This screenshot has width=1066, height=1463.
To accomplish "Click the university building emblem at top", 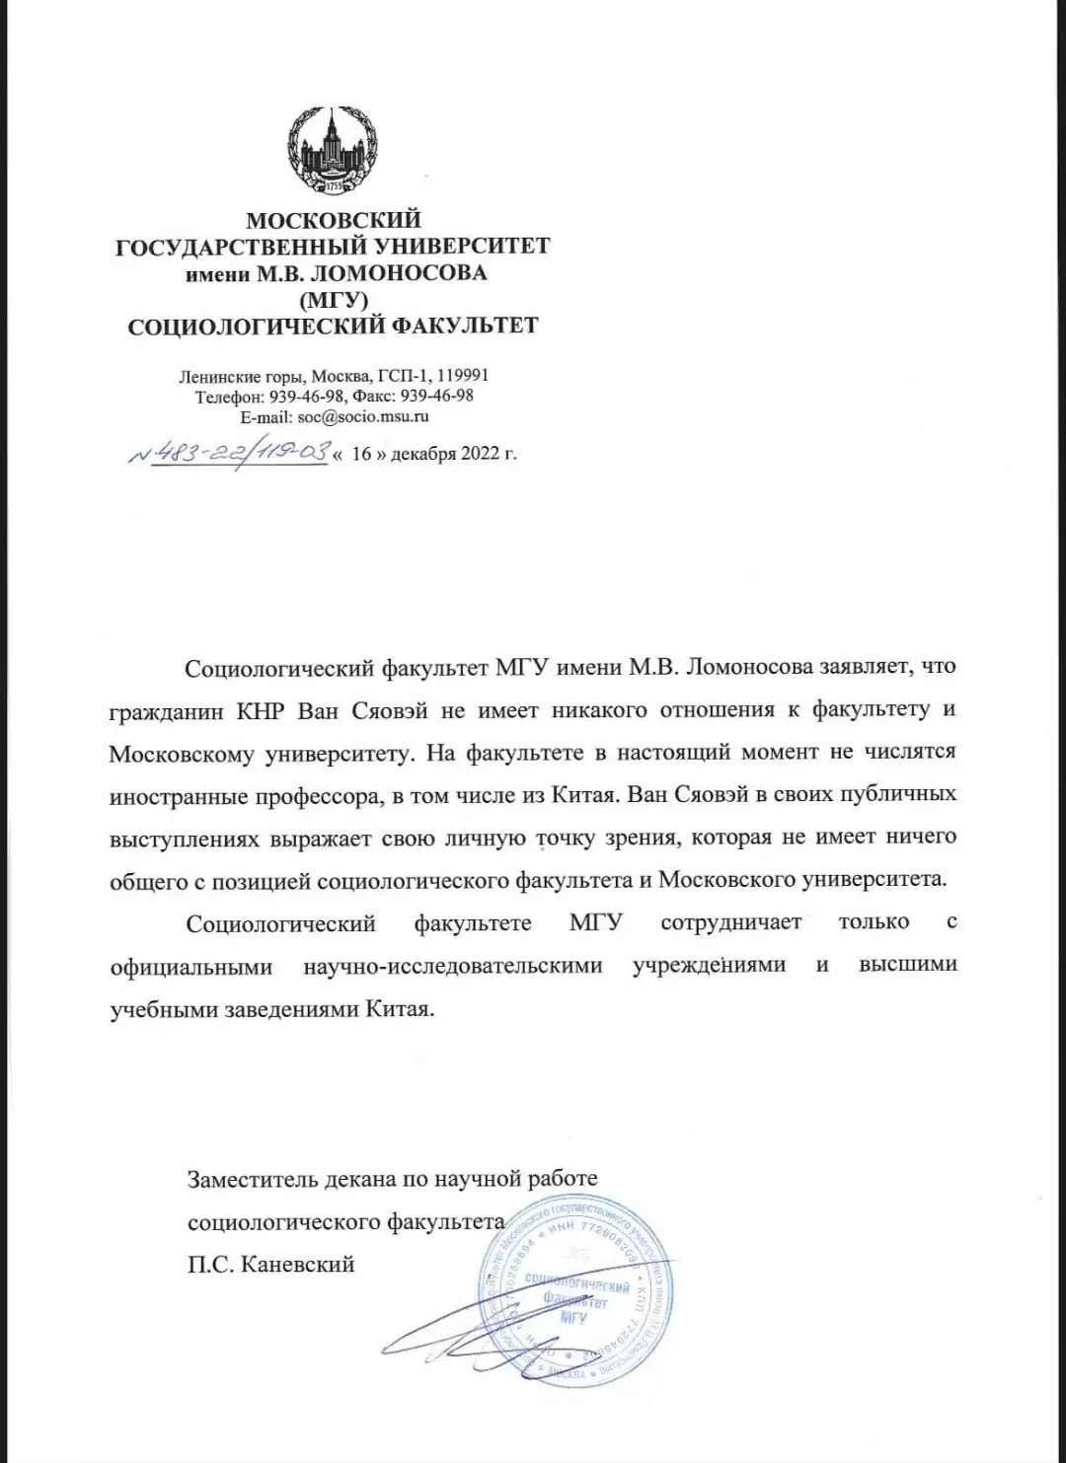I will tap(333, 152).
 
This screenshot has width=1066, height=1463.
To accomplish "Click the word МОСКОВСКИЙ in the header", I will tap(333, 220).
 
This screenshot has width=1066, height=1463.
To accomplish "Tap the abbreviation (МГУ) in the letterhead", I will tap(333, 298).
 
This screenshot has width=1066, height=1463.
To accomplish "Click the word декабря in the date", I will tap(425, 455).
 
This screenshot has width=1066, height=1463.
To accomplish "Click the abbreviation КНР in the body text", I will tap(261, 709).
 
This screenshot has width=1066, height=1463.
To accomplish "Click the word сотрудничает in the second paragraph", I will tap(730, 923).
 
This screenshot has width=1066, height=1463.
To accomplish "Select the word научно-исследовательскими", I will tap(452, 966).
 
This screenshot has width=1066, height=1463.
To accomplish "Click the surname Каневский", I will tap(296, 1264).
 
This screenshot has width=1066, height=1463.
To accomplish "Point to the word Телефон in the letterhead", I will tap(226, 397).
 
